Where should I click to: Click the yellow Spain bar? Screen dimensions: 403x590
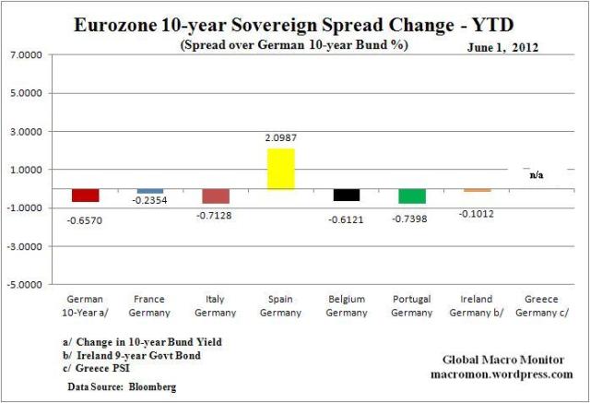(280, 169)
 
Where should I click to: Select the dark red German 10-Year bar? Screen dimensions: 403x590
(86, 196)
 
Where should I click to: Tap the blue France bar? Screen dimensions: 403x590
(150, 191)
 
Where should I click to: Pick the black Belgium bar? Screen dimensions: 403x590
(347, 195)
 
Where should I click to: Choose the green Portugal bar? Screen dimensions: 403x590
(412, 196)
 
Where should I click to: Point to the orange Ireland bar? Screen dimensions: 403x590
(477, 190)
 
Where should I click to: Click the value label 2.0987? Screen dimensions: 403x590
(280, 137)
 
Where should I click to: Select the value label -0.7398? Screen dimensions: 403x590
(412, 215)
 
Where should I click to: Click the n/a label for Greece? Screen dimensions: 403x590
(536, 174)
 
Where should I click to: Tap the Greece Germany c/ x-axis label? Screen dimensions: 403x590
(542, 304)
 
